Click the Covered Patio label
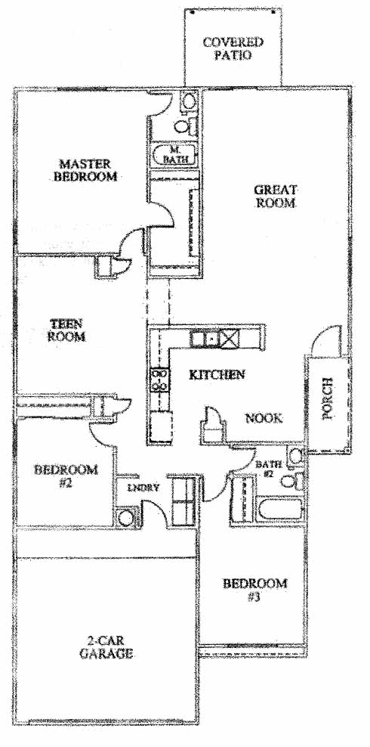click(233, 48)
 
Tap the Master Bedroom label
click(85, 170)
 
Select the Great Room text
click(276, 196)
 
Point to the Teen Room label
click(67, 330)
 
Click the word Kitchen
click(217, 374)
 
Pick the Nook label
click(264, 418)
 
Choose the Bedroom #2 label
click(66, 476)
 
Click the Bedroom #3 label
click(255, 590)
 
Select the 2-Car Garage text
click(106, 647)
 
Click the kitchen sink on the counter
click(205, 339)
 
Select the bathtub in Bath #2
click(281, 510)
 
